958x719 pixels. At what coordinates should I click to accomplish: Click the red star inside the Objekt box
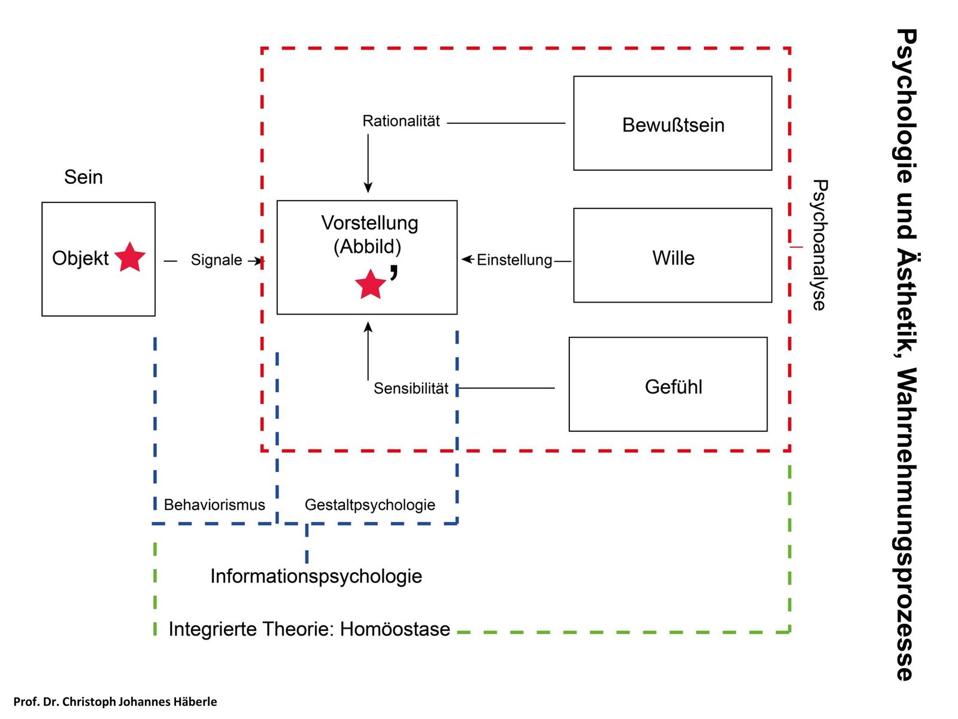click(130, 258)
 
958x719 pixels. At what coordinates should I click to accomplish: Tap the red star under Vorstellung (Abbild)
click(370, 285)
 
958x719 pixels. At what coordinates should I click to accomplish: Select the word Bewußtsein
click(673, 125)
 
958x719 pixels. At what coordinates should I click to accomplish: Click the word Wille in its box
click(673, 258)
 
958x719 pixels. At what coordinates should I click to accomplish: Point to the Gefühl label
click(673, 387)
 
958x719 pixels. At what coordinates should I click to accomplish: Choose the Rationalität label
click(401, 121)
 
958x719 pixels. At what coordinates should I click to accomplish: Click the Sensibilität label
click(411, 389)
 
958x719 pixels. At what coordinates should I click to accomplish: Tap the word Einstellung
click(514, 260)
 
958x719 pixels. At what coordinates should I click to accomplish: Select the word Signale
click(216, 260)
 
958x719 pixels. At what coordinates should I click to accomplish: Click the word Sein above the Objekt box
click(83, 177)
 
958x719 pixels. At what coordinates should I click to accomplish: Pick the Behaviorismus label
click(214, 505)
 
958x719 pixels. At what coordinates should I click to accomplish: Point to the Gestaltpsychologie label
click(369, 505)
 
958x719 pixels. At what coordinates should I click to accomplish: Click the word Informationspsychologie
click(316, 576)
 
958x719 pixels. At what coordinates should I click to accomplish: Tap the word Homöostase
click(395, 630)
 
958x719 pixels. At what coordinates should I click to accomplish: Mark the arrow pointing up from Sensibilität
click(368, 351)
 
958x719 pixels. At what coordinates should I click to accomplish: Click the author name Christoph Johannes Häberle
click(140, 702)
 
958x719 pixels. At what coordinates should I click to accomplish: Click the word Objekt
click(80, 258)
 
